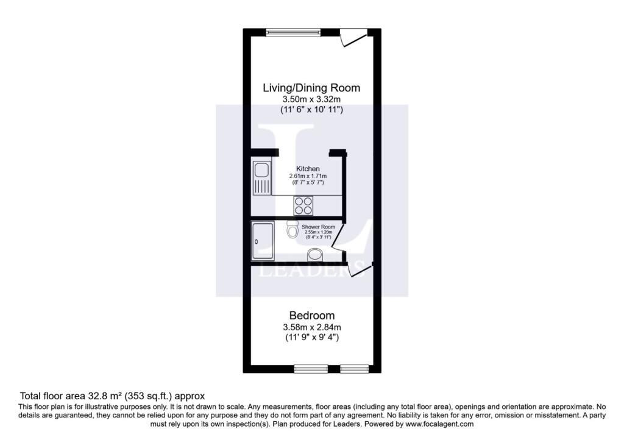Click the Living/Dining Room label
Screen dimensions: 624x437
click(x=311, y=88)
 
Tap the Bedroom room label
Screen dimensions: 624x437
click(x=311, y=316)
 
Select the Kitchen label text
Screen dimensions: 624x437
click(x=308, y=169)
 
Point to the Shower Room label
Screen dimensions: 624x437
click(x=318, y=227)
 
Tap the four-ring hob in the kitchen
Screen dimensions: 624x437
click(x=303, y=206)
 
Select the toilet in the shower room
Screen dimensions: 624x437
click(x=292, y=229)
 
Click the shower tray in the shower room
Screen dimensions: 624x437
click(x=263, y=241)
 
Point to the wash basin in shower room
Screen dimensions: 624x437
click(x=316, y=255)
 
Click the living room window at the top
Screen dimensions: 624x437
click(x=293, y=32)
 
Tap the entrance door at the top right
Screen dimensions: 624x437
click(x=353, y=38)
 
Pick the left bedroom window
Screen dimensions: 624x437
click(x=311, y=369)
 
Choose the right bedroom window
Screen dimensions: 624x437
click(x=355, y=369)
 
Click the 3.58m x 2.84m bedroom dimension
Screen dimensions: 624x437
click(x=311, y=327)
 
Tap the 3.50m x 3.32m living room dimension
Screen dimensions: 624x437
click(x=311, y=99)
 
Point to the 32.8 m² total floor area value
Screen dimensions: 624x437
click(x=105, y=396)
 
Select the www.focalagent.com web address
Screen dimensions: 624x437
click(x=439, y=424)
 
